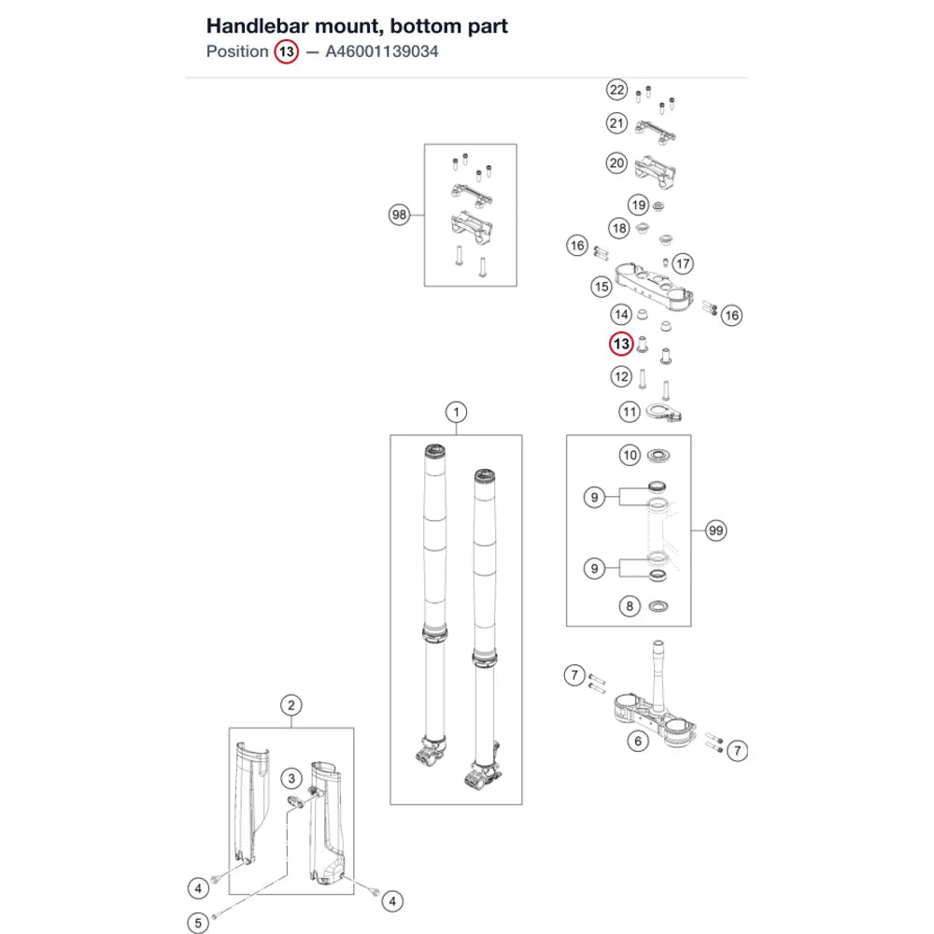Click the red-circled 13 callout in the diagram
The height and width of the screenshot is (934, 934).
click(621, 344)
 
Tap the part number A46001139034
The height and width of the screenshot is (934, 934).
click(382, 51)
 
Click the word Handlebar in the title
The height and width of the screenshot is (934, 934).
click(258, 26)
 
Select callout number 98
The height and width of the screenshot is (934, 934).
click(399, 215)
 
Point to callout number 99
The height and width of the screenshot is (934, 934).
click(716, 531)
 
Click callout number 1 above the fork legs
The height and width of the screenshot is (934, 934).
click(457, 412)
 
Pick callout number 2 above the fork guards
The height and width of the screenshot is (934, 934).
click(291, 705)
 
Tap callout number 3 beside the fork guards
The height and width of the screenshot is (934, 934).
click(291, 778)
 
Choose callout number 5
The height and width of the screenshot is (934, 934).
click(198, 923)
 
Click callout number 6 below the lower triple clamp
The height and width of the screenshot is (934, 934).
click(638, 741)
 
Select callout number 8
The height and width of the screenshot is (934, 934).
click(630, 606)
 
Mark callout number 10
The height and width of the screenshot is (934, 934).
click(630, 455)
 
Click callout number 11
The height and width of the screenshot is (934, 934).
click(630, 412)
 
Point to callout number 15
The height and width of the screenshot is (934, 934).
click(601, 287)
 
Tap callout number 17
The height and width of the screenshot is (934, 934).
click(684, 263)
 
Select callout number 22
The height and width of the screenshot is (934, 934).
click(617, 90)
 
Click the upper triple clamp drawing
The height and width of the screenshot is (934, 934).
click(654, 287)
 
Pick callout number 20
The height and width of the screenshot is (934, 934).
click(617, 163)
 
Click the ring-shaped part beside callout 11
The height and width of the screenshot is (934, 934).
click(658, 410)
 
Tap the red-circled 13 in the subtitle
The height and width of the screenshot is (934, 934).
click(287, 51)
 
